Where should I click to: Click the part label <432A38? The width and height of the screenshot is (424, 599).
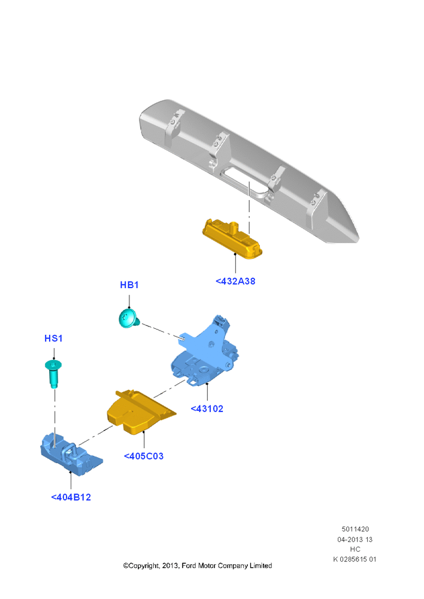point(235,281)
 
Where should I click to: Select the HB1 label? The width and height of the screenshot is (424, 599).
point(129,285)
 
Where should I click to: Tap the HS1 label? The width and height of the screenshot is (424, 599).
point(53,338)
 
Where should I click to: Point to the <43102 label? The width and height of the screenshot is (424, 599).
point(207,409)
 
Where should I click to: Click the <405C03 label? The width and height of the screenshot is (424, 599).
point(144,456)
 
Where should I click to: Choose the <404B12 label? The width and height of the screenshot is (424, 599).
point(71,497)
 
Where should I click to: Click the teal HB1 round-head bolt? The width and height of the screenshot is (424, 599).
point(129,319)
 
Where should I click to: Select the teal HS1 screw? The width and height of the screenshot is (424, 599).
point(53,374)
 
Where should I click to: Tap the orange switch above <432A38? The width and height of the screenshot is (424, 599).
point(232,239)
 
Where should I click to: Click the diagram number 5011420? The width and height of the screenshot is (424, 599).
point(355,529)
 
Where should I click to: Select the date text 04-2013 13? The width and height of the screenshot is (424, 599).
point(355,540)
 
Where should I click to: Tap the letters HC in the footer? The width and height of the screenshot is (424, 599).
point(355,549)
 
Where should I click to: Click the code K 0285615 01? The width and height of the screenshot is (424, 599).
point(355,559)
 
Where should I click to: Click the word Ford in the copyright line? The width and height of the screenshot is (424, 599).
point(189,566)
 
